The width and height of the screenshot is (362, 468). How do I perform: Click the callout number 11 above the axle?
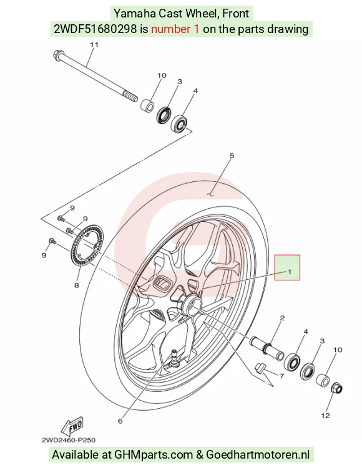pos(94,44)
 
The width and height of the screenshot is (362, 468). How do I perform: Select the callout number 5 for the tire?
pos(232,156)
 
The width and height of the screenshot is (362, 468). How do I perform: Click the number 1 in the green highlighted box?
pos(290,272)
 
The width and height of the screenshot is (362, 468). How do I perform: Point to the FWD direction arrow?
pos(72,426)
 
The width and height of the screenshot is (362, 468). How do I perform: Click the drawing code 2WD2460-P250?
pos(69,440)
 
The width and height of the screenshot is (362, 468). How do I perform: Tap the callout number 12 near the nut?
pos(326,416)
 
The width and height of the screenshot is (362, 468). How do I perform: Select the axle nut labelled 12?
pos(336,388)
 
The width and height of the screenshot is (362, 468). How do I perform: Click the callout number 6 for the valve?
pos(120,421)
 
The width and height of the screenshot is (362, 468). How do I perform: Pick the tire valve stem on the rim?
pos(174,357)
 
